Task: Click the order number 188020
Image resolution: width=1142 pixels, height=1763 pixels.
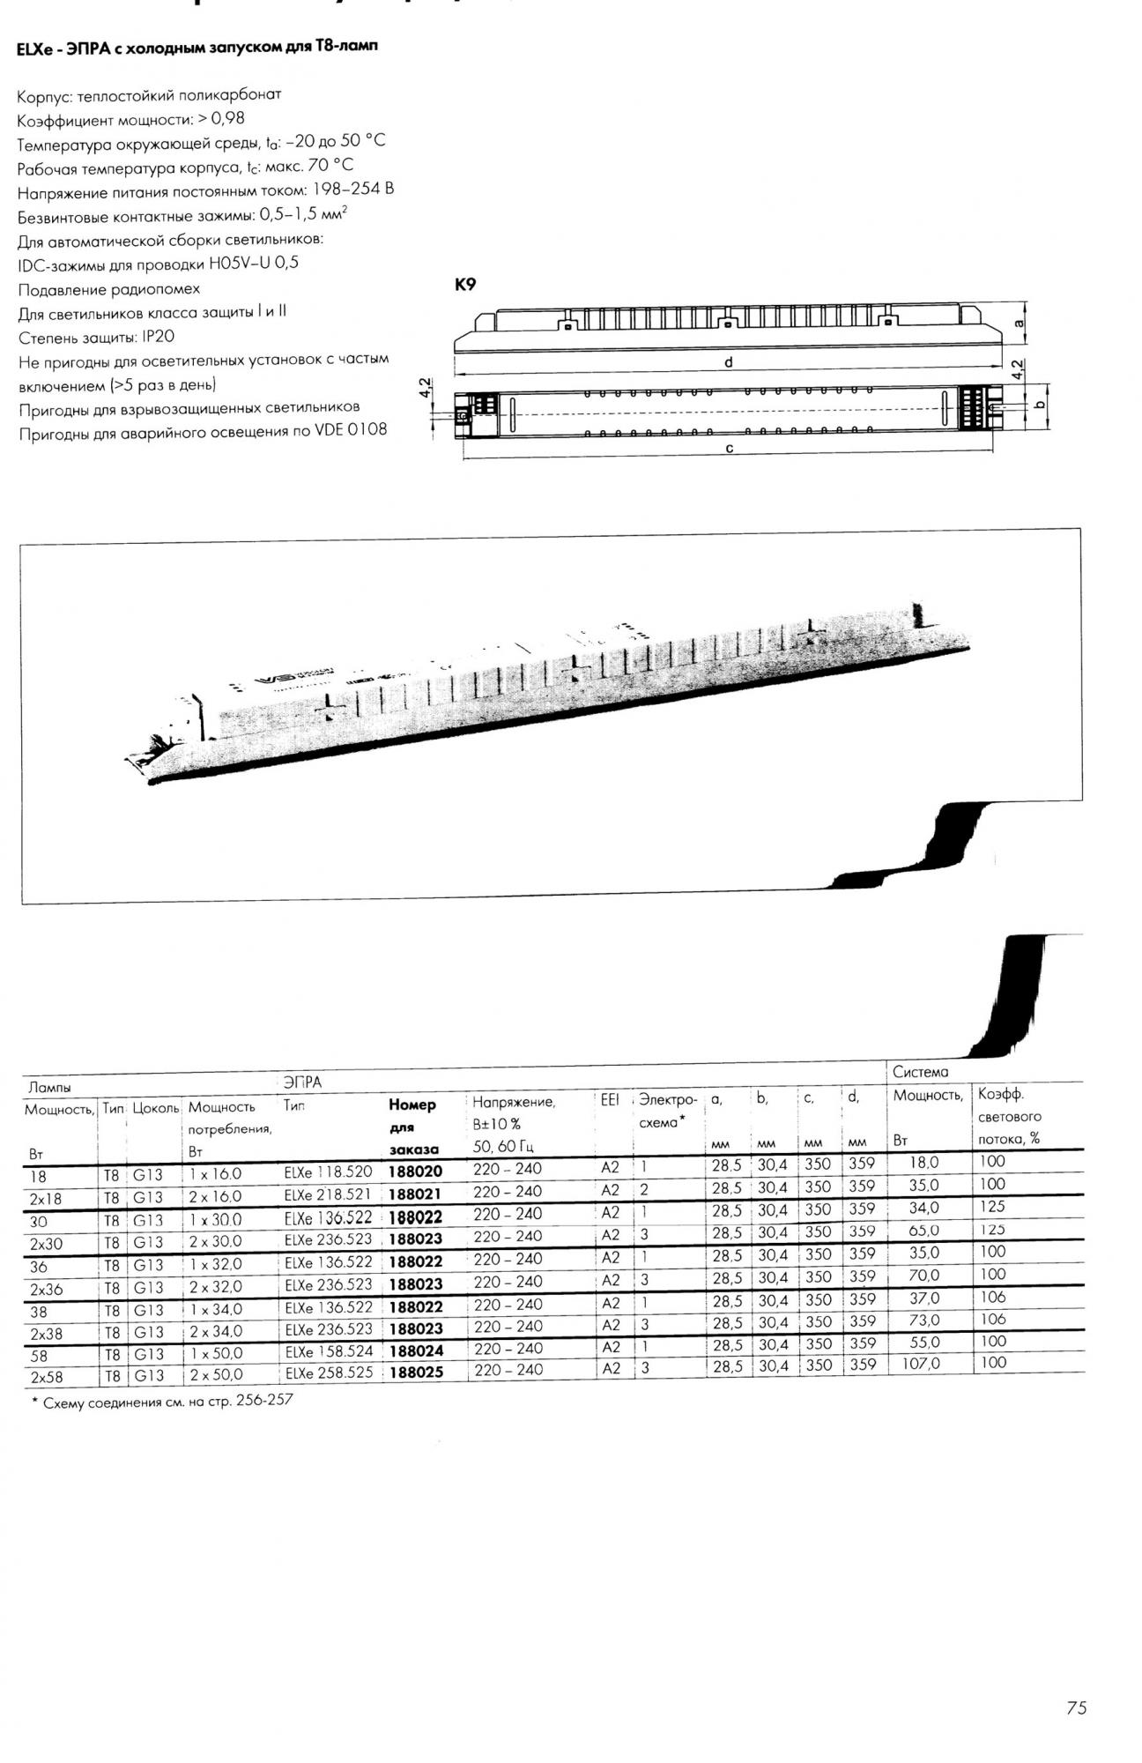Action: click(x=415, y=1172)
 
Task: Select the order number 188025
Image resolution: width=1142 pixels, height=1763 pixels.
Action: click(x=415, y=1372)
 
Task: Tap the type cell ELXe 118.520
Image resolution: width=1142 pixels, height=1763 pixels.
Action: click(x=328, y=1172)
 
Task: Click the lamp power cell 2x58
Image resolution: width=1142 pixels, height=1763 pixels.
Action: click(x=47, y=1377)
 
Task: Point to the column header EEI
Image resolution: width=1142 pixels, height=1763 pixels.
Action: click(x=610, y=1100)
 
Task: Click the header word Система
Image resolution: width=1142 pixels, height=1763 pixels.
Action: click(x=920, y=1072)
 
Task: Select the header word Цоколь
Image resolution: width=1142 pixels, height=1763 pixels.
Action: click(x=156, y=1108)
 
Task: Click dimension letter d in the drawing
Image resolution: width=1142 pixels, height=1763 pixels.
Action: click(x=729, y=361)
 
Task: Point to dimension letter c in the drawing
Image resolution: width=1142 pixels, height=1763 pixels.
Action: click(x=730, y=448)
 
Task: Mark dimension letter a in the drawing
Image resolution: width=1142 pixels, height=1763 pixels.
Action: click(x=1020, y=324)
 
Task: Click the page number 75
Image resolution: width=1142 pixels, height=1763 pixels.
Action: click(x=1076, y=1708)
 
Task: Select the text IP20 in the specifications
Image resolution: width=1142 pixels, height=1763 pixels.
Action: click(x=158, y=337)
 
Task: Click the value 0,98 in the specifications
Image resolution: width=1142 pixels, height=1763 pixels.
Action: click(x=228, y=118)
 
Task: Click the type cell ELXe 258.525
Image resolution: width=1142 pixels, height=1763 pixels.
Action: click(x=329, y=1373)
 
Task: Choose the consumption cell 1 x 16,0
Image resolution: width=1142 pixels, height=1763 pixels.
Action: click(x=215, y=1174)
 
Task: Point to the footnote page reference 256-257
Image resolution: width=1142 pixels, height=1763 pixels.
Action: click(x=264, y=1400)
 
